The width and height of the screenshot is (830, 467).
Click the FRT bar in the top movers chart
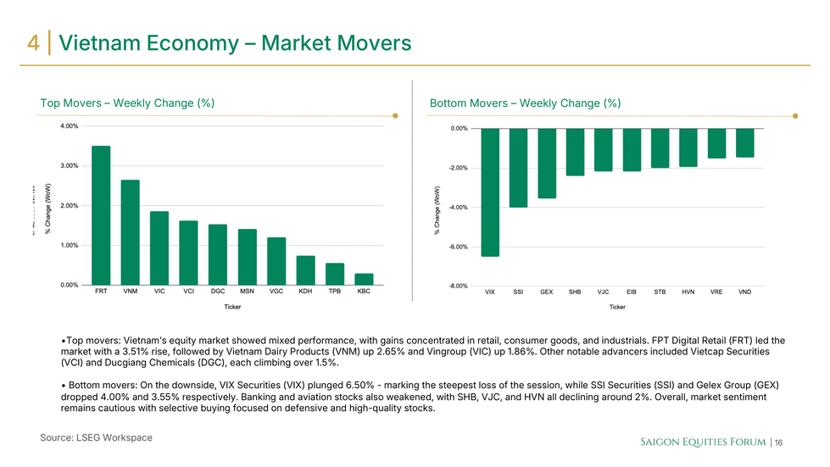[101, 215]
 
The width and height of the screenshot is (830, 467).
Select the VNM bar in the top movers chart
[130, 232]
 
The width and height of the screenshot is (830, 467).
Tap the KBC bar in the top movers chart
[364, 279]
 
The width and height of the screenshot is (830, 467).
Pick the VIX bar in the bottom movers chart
[490, 192]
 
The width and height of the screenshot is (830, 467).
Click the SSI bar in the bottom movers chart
[518, 168]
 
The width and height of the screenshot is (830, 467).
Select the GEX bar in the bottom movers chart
[547, 164]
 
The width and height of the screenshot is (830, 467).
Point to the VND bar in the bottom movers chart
[744, 143]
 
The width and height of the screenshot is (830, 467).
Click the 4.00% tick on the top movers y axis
[70, 126]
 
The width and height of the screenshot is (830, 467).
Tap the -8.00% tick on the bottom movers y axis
[459, 286]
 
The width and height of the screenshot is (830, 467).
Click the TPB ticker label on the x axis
[335, 292]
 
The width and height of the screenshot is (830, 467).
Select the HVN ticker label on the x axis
[688, 292]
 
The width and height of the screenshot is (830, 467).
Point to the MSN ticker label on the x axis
[247, 292]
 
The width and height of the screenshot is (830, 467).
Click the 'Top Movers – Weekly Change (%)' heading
[127, 103]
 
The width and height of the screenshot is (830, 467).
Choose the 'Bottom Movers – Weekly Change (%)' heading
[525, 103]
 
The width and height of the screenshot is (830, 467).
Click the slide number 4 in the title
[34, 43]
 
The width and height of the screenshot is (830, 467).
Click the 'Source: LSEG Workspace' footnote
[96, 437]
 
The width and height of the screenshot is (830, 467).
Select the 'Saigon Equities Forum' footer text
[702, 442]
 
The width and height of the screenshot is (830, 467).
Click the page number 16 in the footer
[777, 443]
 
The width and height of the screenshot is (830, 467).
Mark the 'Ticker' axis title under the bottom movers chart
[616, 307]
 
